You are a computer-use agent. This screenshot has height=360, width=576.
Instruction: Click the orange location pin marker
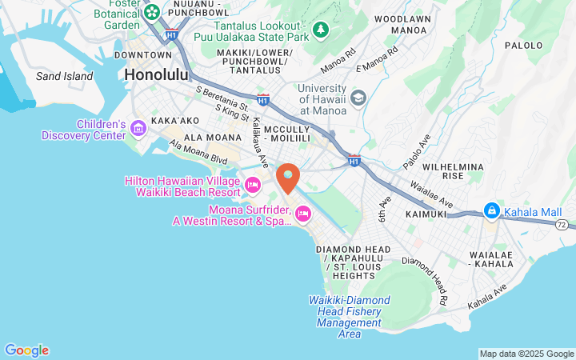click(x=287, y=177)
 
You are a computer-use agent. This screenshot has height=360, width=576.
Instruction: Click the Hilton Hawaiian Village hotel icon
click(x=253, y=186)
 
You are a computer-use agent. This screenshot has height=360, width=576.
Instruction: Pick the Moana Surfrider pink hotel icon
click(x=303, y=213)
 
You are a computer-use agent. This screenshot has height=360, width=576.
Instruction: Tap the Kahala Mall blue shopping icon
click(x=491, y=212)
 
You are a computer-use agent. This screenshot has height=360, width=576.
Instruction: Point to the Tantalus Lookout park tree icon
click(x=321, y=30)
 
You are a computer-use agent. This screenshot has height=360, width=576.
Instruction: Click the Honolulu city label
click(x=156, y=75)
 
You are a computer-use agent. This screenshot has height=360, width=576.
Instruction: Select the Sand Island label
click(x=65, y=77)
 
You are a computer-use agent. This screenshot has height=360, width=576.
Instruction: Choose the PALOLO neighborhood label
click(x=524, y=46)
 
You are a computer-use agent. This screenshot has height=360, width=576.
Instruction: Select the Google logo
click(x=26, y=350)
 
